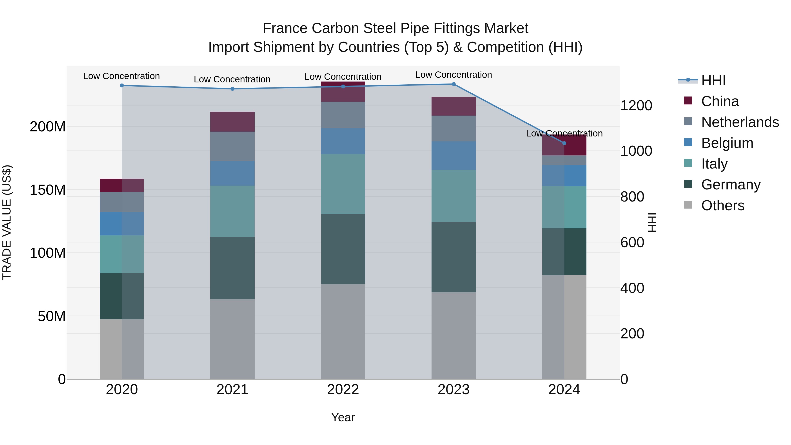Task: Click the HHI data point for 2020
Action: pos(122,85)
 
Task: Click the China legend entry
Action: pos(720,101)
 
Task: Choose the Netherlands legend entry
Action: pos(740,122)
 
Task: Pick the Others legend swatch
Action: pos(688,205)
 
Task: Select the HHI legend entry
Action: pos(713,80)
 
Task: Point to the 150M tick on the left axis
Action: pos(48,190)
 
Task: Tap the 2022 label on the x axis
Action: pos(343,390)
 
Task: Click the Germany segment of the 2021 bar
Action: pos(232,268)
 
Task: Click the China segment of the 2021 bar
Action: pos(232,122)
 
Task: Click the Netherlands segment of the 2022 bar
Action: pos(343,115)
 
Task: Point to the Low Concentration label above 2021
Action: pos(232,79)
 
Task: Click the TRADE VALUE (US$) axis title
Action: pos(7,222)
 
